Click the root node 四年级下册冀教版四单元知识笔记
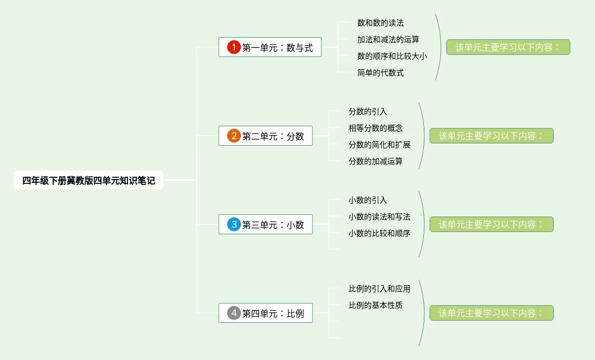click(89, 180)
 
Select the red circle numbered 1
click(234, 47)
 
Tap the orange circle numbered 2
click(234, 136)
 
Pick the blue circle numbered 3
click(234, 224)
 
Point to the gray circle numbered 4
click(234, 313)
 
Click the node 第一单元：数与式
click(277, 48)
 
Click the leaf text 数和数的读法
click(381, 23)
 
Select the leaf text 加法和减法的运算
click(388, 39)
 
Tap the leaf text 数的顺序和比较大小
click(392, 56)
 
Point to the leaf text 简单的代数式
click(381, 73)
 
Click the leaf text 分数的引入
click(368, 111)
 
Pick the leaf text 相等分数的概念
click(376, 128)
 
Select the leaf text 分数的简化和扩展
click(379, 145)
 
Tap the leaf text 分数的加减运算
click(376, 161)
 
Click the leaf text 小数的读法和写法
click(379, 217)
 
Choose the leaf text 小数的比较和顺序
click(379, 233)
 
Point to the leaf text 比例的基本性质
click(376, 305)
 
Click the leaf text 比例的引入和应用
click(379, 289)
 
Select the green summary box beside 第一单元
click(508, 47)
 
